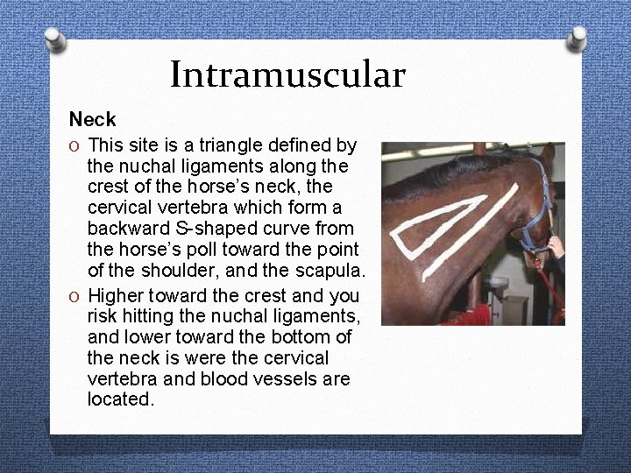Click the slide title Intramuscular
287,74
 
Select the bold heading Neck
92,119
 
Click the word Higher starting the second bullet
119,294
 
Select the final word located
120,399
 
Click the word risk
103,315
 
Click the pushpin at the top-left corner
54,39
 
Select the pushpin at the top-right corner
577,37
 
